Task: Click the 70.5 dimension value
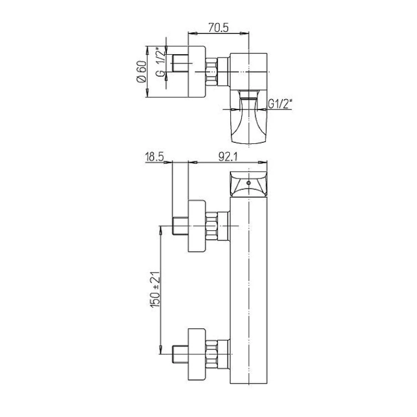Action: coord(218,26)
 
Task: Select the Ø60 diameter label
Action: coord(141,72)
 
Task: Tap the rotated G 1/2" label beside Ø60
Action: coord(158,65)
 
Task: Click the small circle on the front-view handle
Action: coord(248,183)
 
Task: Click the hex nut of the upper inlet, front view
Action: coord(212,226)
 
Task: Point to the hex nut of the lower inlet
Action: coord(212,351)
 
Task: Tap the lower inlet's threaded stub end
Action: coord(179,351)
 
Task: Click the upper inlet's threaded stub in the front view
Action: coord(179,225)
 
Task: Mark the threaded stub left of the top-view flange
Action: coord(179,64)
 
